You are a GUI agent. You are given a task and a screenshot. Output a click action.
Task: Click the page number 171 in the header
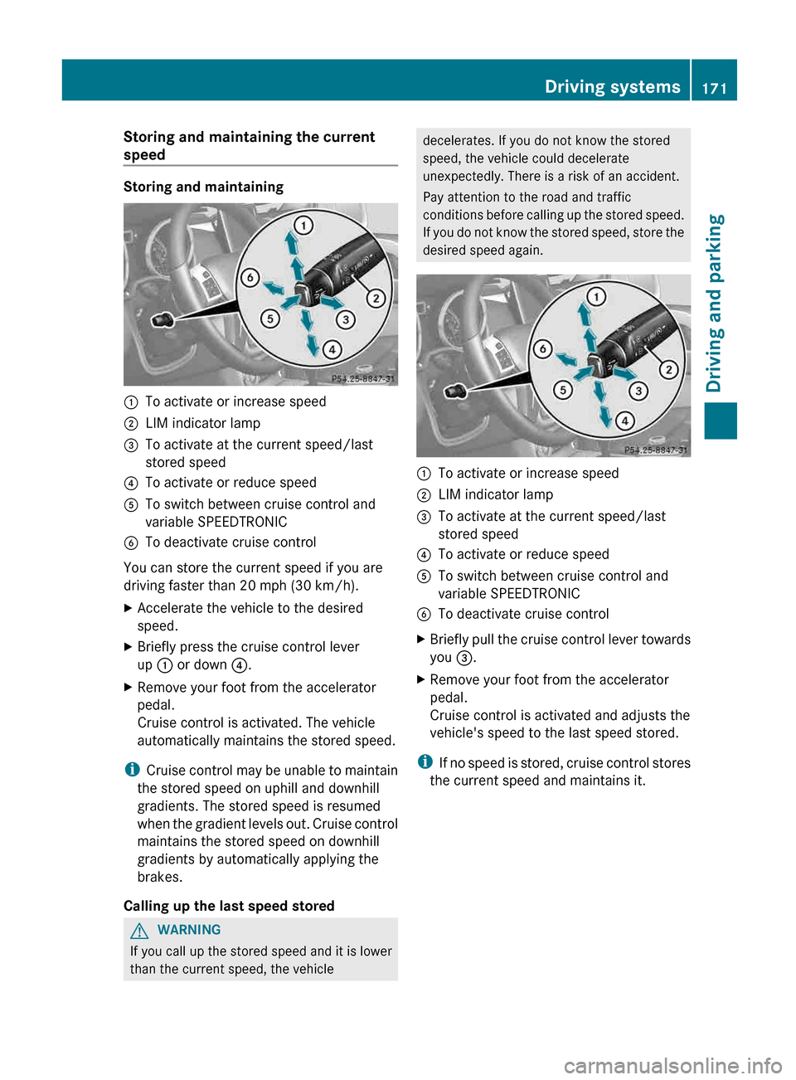[x=714, y=88]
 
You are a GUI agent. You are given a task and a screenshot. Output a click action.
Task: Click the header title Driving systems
[x=612, y=86]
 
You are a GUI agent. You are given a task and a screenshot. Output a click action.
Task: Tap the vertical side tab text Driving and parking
[x=715, y=303]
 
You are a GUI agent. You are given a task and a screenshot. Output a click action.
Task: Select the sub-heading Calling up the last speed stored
[x=229, y=906]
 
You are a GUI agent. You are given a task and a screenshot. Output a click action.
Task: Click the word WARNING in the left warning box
[x=189, y=930]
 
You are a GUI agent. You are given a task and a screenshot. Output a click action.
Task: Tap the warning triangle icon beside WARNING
[x=139, y=930]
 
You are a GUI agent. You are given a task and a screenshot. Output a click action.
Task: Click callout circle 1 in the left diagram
[x=303, y=225]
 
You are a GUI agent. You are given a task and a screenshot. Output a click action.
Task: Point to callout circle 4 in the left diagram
[x=332, y=349]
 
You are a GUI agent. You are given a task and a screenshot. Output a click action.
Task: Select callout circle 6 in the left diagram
[x=250, y=277]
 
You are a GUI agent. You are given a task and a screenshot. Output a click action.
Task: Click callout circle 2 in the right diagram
[x=668, y=369]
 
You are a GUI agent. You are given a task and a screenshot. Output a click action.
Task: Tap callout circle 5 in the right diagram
[x=563, y=390]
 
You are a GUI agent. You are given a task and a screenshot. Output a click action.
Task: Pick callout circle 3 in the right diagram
[x=638, y=391]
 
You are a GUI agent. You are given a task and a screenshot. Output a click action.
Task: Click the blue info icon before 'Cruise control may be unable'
[x=131, y=770]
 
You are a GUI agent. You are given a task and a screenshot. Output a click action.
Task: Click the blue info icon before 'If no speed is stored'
[x=425, y=761]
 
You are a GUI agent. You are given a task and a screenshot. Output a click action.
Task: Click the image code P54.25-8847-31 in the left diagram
[x=362, y=378]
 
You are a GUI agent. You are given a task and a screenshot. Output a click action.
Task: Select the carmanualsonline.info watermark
[x=672, y=1065]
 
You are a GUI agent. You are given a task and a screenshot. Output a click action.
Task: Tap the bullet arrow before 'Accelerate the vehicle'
[x=128, y=608]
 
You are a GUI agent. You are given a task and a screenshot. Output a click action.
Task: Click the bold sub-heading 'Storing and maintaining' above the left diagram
[x=203, y=187]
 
